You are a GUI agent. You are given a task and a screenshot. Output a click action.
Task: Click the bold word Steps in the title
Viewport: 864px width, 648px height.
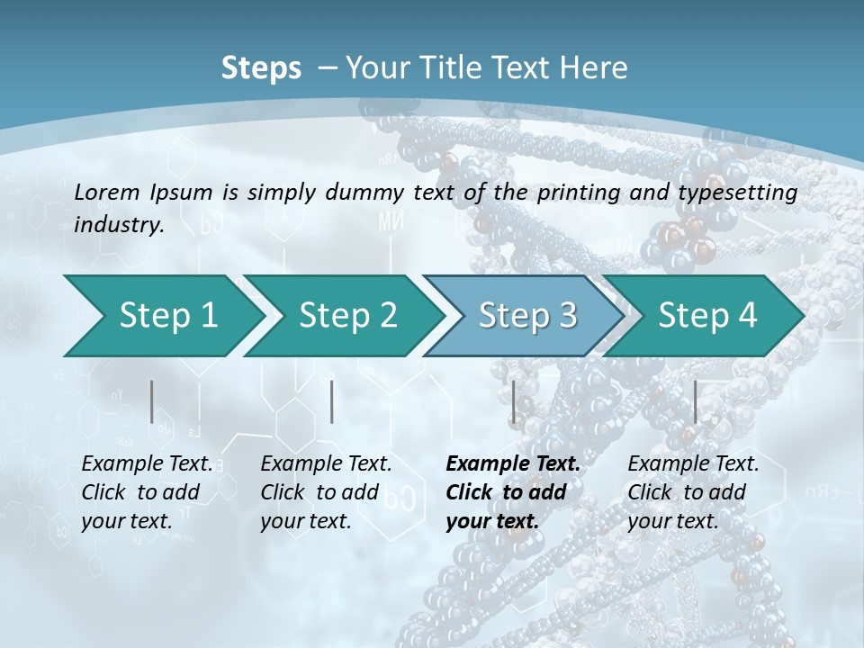coord(261,68)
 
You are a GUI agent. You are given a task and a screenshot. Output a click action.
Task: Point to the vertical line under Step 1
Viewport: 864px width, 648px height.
coord(152,401)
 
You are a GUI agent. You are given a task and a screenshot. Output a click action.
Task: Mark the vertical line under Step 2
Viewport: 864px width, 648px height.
coord(332,401)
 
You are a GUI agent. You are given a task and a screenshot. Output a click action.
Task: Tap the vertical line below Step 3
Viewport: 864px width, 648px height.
coord(513,401)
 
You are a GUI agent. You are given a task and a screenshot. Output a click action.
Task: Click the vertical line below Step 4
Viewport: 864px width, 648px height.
coord(695,401)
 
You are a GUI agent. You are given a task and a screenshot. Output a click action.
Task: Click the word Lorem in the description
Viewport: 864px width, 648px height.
coord(106,192)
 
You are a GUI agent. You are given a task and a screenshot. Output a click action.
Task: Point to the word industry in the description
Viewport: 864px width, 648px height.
coord(118,224)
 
